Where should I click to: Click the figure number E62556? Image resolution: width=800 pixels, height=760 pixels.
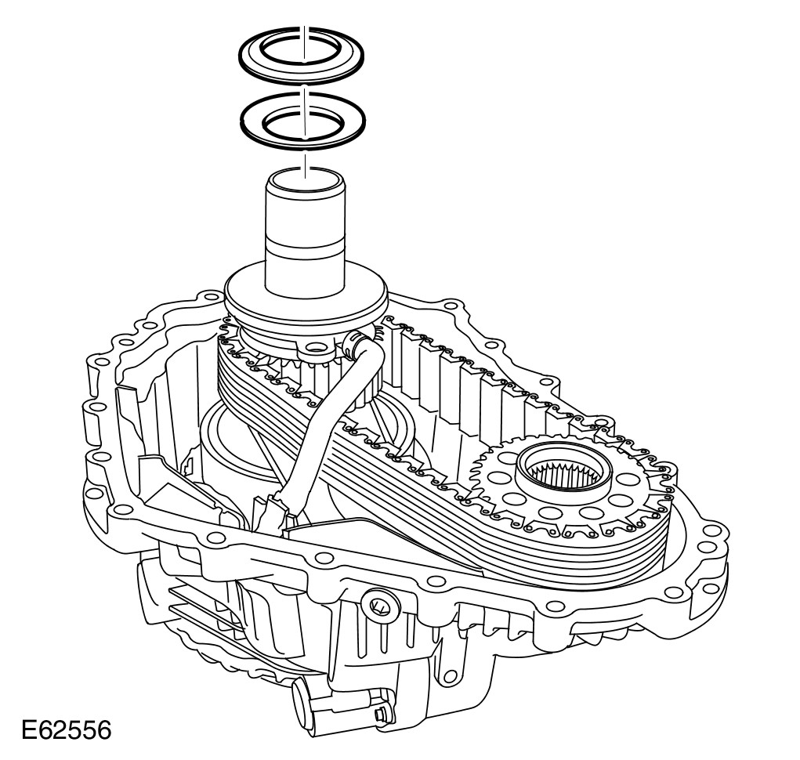coord(67,730)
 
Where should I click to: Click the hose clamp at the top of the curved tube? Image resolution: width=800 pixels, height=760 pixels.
coord(353,346)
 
